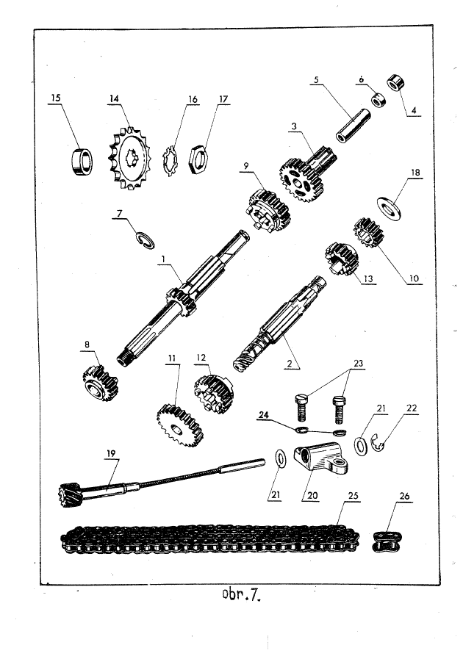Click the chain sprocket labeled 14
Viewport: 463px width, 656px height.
pos(130,159)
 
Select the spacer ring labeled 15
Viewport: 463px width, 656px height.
pos(82,162)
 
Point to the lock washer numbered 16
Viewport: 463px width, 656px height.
pos(171,161)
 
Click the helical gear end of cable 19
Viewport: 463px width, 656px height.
pos(68,494)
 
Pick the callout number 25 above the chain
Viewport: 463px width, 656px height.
pos(353,495)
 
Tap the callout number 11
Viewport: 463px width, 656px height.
pos(172,358)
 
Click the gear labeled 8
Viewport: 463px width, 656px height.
pos(100,383)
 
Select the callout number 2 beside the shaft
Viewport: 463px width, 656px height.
pos(290,364)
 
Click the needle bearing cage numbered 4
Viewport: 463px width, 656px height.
pos(395,82)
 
